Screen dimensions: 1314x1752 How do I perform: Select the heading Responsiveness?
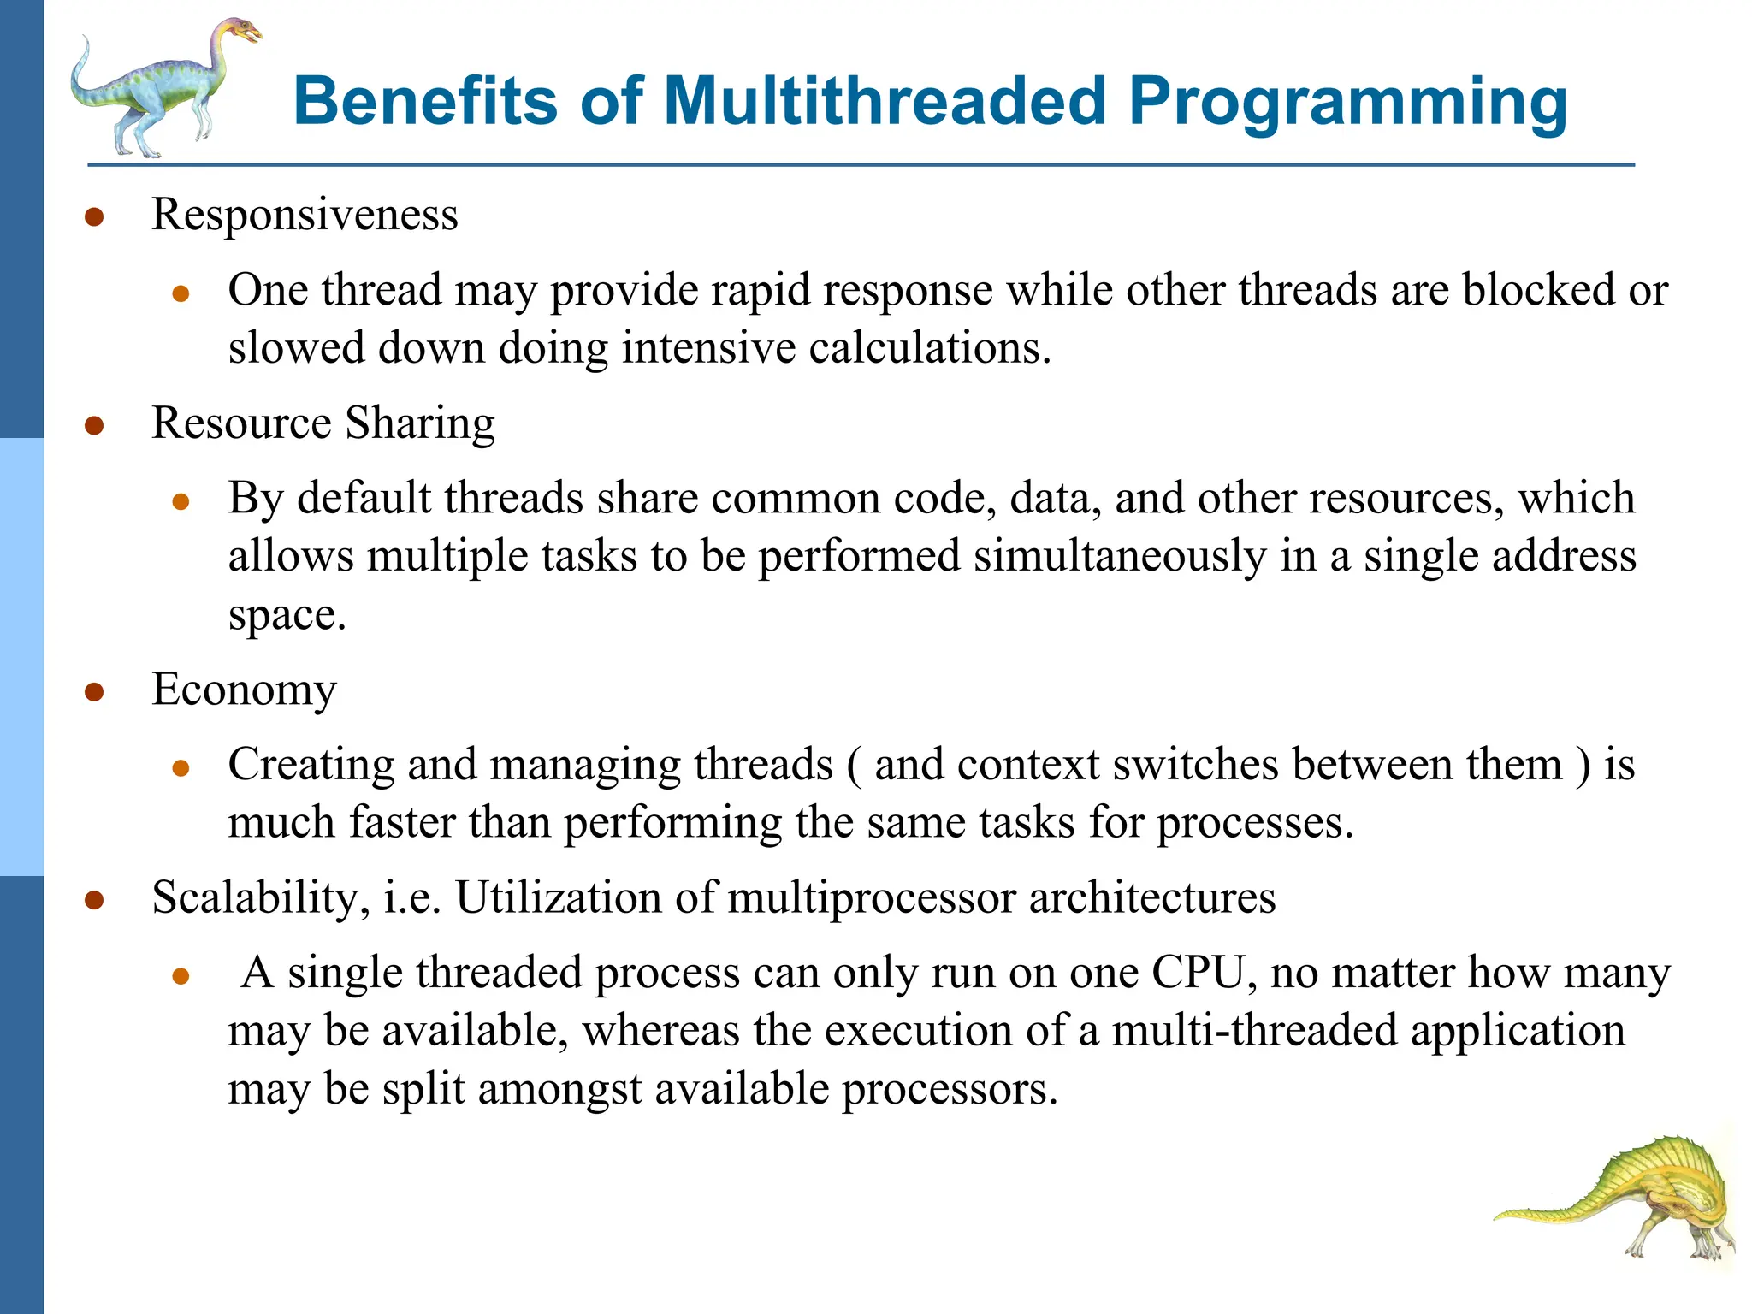305,214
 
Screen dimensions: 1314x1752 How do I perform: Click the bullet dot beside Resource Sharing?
94,425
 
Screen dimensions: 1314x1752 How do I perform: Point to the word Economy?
244,690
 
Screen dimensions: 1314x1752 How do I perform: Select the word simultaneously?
1120,556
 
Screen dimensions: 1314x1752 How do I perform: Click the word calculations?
929,348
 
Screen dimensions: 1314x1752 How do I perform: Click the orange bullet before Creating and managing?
181,768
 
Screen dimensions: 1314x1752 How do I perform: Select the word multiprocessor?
871,898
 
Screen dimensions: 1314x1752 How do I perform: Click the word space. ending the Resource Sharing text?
287,615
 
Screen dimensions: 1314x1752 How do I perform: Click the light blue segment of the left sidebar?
21,657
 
